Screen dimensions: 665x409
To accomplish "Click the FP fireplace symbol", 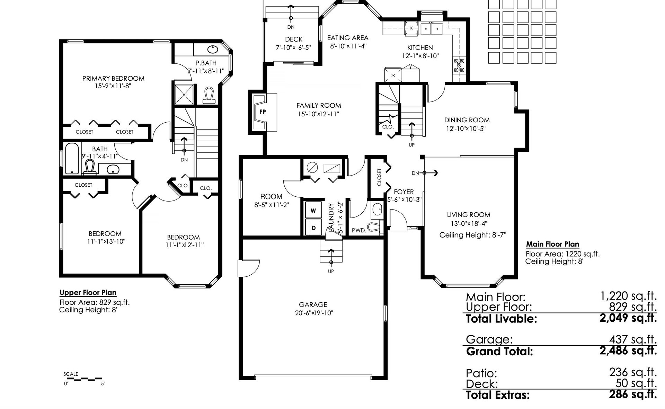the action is (263, 112).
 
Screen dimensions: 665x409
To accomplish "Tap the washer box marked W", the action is (313, 211).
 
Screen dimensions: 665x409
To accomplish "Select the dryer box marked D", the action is (313, 228).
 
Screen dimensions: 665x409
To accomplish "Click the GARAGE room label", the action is (313, 304).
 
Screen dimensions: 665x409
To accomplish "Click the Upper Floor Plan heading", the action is (88, 293).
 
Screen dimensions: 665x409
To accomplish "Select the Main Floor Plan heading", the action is (553, 244).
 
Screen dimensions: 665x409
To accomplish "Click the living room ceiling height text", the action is (473, 235).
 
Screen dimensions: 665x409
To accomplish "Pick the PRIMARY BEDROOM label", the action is (113, 79).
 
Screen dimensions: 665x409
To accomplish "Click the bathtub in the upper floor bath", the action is (72, 158).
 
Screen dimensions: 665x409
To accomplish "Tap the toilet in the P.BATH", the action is (209, 96).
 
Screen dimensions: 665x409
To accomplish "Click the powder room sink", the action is (377, 209).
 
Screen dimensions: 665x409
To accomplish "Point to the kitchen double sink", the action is (432, 28).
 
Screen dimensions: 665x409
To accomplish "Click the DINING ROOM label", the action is (467, 120).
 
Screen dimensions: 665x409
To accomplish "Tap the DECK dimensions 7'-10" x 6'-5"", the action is (293, 48).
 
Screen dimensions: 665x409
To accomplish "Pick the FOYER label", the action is (404, 192).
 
